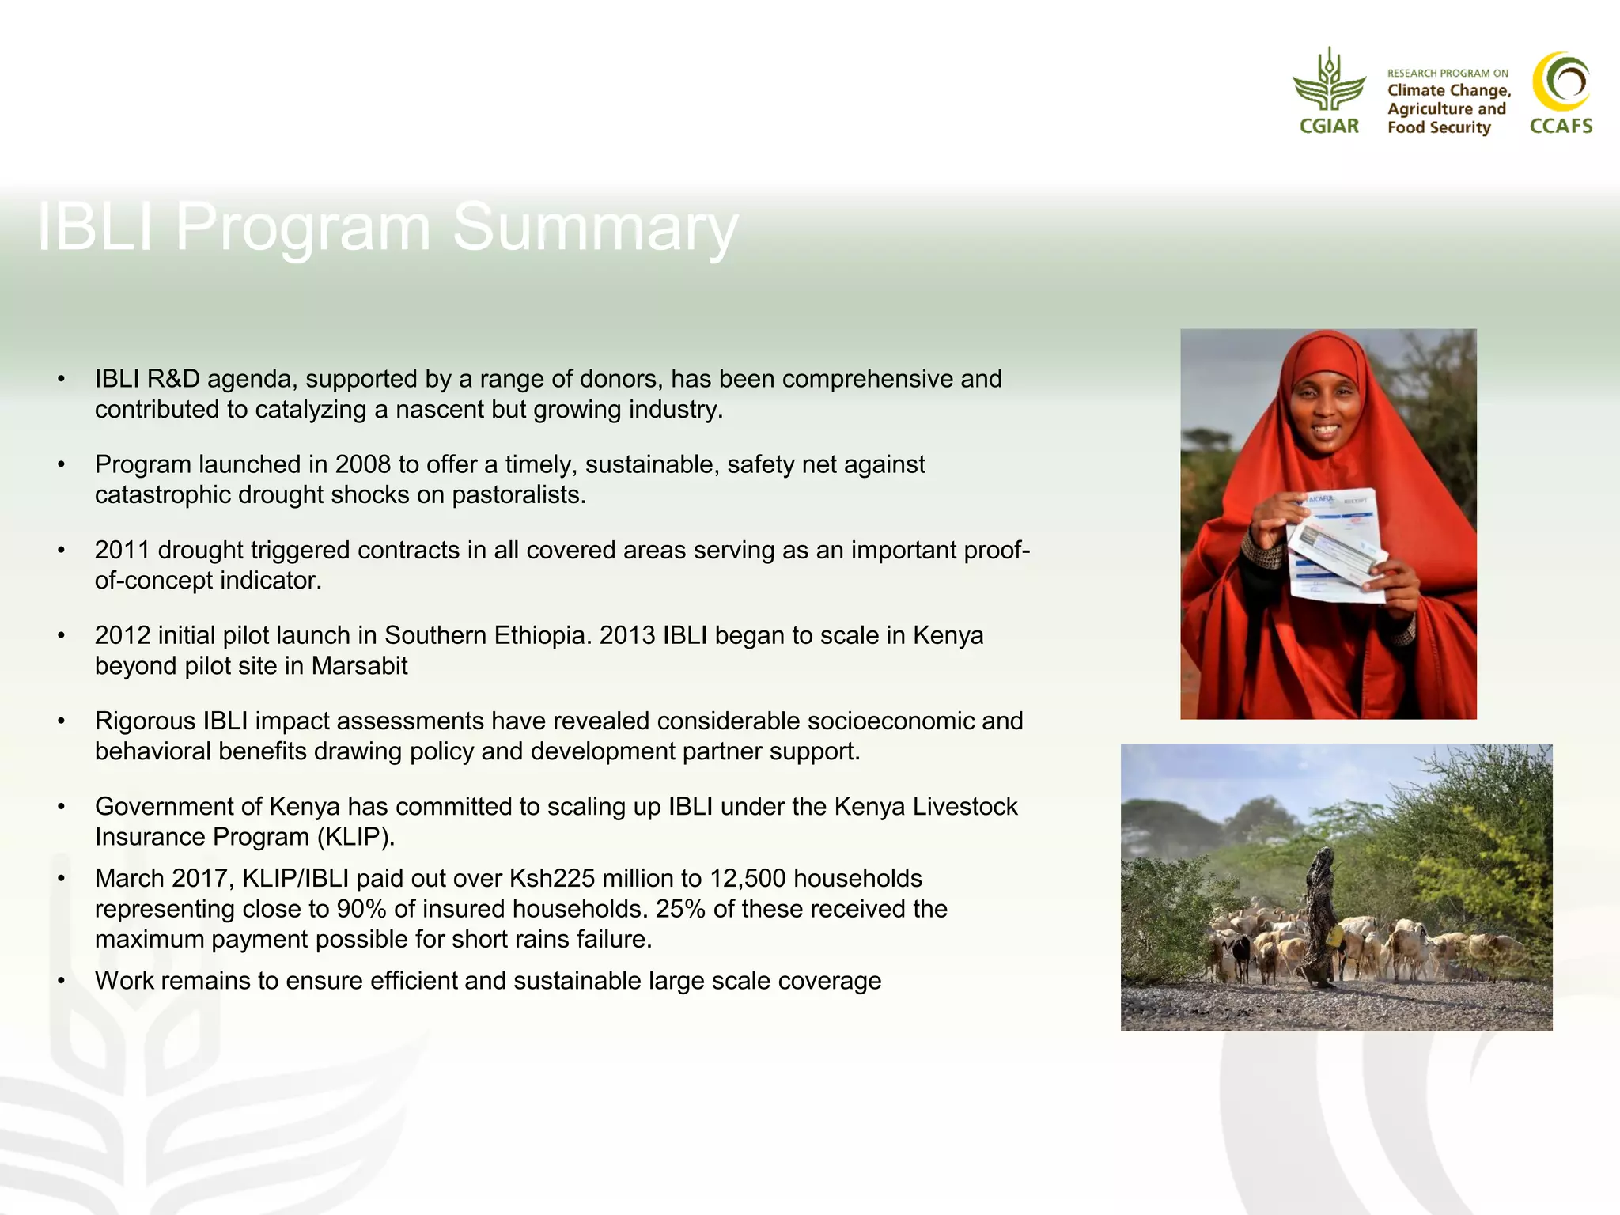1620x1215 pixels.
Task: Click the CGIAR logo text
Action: [x=1329, y=126]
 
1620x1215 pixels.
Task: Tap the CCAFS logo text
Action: [x=1561, y=126]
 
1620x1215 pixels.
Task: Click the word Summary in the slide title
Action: [x=595, y=228]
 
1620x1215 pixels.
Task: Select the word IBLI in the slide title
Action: [x=95, y=228]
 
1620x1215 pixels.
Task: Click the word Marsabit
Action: [x=359, y=666]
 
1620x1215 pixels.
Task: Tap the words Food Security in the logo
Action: [x=1438, y=127]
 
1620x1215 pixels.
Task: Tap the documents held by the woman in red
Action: [x=1337, y=546]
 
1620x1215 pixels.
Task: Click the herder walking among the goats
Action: [x=1319, y=918]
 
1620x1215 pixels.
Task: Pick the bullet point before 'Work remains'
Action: [x=61, y=982]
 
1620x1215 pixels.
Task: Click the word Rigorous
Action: [x=145, y=721]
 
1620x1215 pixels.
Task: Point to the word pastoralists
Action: [x=518, y=495]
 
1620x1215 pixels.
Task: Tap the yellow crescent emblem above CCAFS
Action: [x=1560, y=81]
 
